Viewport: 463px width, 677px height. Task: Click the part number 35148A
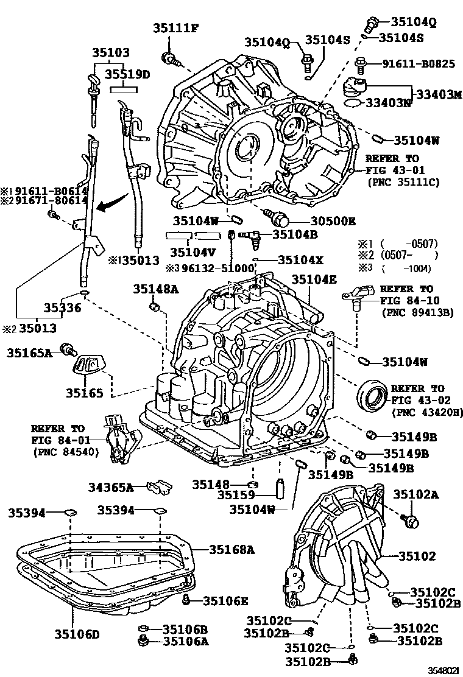156,289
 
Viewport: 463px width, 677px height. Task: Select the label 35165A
30,351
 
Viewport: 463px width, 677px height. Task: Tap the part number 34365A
111,486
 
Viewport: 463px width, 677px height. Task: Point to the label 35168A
231,549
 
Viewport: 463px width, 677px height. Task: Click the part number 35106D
77,634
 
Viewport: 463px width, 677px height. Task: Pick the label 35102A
416,494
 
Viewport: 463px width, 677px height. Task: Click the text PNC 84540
60,452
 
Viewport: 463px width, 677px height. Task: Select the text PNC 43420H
427,413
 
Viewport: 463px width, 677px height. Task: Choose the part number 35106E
225,601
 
